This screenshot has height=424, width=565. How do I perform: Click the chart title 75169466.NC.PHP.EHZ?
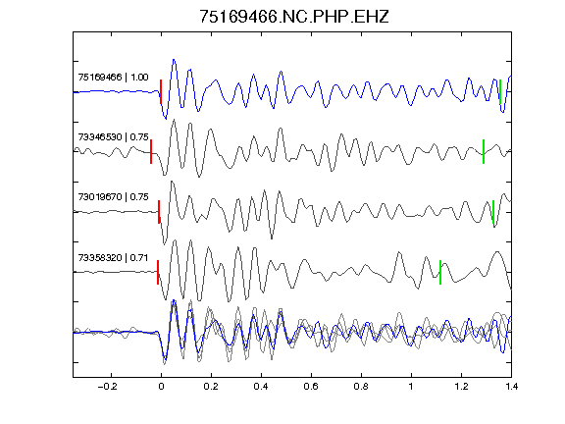pos(294,17)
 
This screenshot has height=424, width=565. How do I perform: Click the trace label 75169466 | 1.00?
pos(113,78)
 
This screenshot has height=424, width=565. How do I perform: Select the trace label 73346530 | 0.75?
pos(113,137)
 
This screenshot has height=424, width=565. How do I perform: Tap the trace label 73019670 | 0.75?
pos(113,197)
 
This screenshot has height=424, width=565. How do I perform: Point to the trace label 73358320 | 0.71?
pos(113,257)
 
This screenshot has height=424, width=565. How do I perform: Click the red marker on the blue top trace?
pos(161,92)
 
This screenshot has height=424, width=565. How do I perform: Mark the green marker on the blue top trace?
pos(500,92)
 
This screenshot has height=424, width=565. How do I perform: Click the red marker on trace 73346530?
pos(151,152)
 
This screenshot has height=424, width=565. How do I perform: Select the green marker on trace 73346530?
pos(484,152)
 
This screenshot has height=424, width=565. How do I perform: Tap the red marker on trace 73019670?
pos(159,212)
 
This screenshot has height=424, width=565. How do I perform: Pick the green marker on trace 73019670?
pos(493,212)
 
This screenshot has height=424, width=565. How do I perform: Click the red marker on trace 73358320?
pos(158,272)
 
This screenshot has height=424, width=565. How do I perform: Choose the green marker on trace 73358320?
pos(440,272)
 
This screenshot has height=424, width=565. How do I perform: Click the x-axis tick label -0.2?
pos(108,387)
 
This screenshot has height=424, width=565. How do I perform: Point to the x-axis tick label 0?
pos(161,387)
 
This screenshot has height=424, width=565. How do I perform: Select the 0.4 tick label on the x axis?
pos(261,387)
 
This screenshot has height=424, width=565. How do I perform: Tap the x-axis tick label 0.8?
pos(361,387)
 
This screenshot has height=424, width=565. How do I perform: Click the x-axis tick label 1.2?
pos(461,387)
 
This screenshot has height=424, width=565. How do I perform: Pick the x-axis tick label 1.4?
pos(512,387)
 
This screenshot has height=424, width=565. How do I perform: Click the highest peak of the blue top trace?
pos(174,60)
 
